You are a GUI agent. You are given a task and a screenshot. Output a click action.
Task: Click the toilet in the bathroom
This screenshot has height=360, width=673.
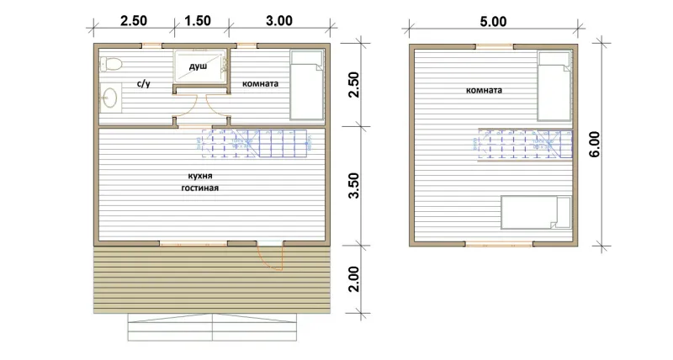111,65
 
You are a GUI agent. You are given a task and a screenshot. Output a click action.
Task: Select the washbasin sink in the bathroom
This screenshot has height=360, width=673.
109,98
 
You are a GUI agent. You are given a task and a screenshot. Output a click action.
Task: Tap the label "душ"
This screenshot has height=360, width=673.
198,66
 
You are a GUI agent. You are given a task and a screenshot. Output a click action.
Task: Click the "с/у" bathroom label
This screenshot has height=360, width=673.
144,83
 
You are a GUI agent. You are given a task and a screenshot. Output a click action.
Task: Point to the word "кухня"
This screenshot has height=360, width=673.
200,176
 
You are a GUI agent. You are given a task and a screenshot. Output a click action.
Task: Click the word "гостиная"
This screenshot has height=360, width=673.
199,188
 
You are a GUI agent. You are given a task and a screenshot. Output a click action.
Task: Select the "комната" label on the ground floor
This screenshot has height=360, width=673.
260,83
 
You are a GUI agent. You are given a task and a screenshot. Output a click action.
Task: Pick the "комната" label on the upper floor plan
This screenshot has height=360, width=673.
484,90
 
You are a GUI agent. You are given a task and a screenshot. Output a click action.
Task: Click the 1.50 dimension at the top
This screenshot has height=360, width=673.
198,20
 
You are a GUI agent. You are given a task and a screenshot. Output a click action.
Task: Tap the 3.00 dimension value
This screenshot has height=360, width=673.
279,20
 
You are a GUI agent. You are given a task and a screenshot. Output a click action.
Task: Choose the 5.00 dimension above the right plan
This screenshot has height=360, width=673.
493,22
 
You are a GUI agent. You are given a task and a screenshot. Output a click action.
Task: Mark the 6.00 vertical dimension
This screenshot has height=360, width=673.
595,144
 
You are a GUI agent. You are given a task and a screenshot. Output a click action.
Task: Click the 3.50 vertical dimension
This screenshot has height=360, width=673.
354,185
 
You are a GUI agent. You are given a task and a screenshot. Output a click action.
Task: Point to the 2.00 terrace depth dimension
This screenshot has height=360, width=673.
353,279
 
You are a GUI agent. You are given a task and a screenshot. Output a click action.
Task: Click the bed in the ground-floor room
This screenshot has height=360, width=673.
307,85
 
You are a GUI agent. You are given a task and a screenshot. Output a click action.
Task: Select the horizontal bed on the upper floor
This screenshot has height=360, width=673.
537,213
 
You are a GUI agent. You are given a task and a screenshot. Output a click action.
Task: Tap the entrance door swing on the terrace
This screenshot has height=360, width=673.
270,257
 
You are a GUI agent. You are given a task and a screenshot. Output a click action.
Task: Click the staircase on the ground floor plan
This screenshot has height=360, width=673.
255,143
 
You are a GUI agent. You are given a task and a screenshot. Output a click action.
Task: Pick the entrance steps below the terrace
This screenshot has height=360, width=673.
212,327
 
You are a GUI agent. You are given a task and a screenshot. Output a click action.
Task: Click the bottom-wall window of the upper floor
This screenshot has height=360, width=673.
499,244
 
